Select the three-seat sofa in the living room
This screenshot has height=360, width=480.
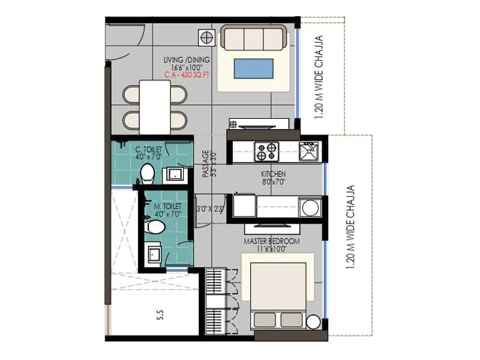[x=253, y=38]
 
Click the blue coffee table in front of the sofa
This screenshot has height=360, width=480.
[x=253, y=68]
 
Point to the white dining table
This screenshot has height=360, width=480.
[x=155, y=107]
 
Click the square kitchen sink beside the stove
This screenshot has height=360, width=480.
[x=309, y=151]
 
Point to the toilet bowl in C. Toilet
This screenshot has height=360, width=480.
[x=146, y=174]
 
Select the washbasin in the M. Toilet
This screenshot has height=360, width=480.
[x=153, y=254]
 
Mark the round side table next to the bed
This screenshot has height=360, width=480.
[x=313, y=322]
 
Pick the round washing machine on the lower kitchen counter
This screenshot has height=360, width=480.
[x=310, y=208]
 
